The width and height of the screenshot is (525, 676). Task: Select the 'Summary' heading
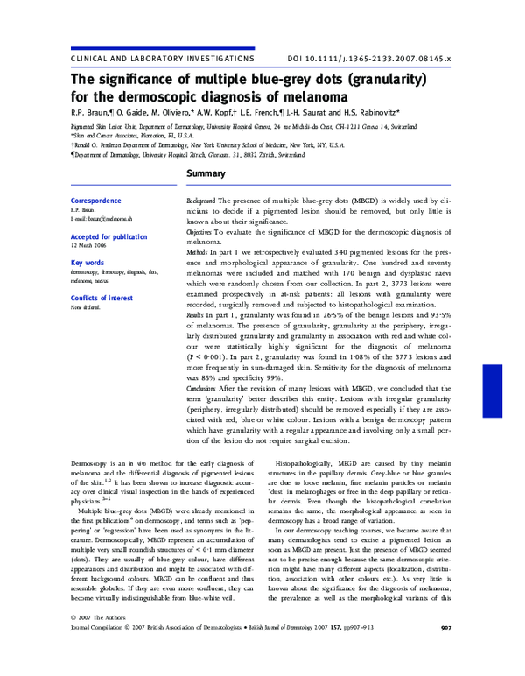click(207, 174)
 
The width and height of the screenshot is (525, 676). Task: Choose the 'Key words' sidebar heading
click(87, 263)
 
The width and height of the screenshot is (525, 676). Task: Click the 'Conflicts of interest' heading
click(101, 298)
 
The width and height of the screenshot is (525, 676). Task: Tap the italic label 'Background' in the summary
click(202, 201)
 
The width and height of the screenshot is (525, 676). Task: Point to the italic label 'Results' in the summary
click(198, 313)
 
